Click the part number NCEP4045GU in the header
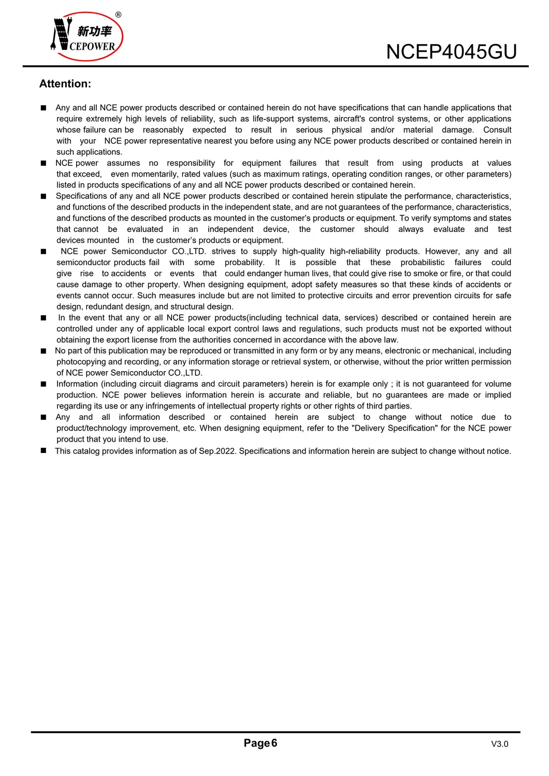tap(451, 52)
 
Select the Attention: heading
tap(65, 84)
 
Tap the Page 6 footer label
tap(261, 743)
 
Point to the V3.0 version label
tap(499, 744)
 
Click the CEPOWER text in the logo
tap(92, 47)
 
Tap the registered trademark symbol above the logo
tap(119, 15)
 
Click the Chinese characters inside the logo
tap(94, 32)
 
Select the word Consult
tap(497, 130)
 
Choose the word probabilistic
tap(422, 262)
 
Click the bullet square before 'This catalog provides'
tap(44, 450)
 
